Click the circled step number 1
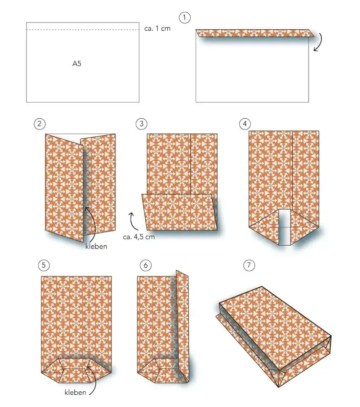(x=184, y=18)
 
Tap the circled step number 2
(x=39, y=124)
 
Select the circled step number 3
(x=141, y=124)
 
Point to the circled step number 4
(x=245, y=124)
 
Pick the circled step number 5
(x=44, y=265)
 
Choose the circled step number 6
(x=145, y=265)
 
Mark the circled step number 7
(x=249, y=265)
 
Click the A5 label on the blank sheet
(x=77, y=64)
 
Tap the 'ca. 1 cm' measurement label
(x=157, y=28)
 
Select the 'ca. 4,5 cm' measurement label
(x=139, y=236)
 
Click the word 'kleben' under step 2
(x=96, y=246)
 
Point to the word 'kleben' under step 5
(x=75, y=392)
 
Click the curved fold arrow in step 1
(x=321, y=42)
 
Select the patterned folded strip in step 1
(x=255, y=33)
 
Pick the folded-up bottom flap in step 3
(x=180, y=212)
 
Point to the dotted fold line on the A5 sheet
(x=83, y=30)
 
